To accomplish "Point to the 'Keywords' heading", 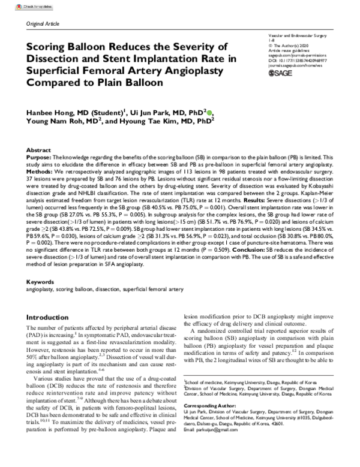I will pyautogui.click(x=40, y=281).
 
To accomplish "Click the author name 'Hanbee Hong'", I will pyautogui.click(x=55, y=113).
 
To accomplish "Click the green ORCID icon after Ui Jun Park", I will pyautogui.click(x=209, y=112).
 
